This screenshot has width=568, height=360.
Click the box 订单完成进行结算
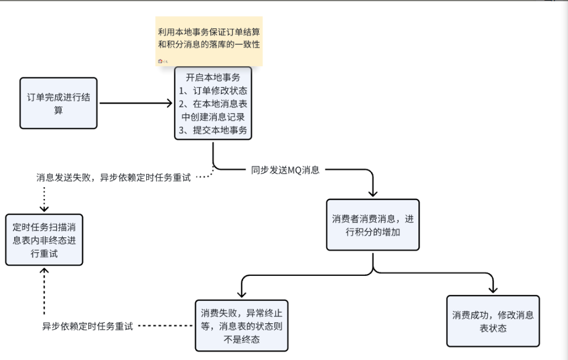click(58, 103)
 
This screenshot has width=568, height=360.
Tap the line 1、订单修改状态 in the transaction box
click(213, 91)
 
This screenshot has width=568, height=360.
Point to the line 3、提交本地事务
click(213, 130)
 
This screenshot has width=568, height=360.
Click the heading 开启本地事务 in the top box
click(213, 78)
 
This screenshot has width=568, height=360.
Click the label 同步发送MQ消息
click(285, 170)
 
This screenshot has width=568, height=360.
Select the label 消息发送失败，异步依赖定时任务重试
click(114, 177)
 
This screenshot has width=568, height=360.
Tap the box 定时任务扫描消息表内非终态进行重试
click(44, 240)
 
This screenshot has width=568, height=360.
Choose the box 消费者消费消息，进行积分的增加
click(373, 226)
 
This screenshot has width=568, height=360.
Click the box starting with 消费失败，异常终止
click(241, 326)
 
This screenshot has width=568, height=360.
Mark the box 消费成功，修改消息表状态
click(493, 321)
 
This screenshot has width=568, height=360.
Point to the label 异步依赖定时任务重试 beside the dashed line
click(88, 326)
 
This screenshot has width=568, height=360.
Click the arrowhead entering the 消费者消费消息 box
click(373, 192)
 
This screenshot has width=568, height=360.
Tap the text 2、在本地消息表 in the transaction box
click(213, 104)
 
